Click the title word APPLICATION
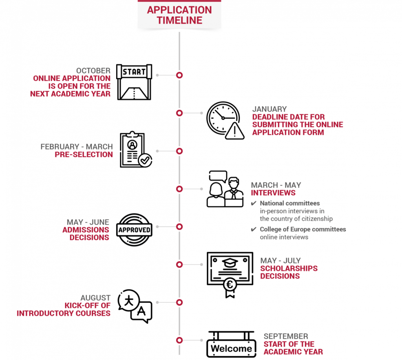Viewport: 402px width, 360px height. pyautogui.click(x=179, y=10)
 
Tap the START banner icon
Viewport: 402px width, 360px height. pyautogui.click(x=134, y=82)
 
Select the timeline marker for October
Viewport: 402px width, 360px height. pyautogui.click(x=179, y=75)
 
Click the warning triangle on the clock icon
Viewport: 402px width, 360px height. pyautogui.click(x=235, y=131)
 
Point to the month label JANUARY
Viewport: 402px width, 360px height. pyautogui.click(x=269, y=109)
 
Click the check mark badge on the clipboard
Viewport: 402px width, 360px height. pyautogui.click(x=145, y=160)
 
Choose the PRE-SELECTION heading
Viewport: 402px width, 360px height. pyautogui.click(x=84, y=155)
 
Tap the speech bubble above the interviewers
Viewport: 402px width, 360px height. pyautogui.click(x=218, y=176)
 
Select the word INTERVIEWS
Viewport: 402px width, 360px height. pyautogui.click(x=273, y=193)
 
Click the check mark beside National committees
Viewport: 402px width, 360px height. pyautogui.click(x=254, y=203)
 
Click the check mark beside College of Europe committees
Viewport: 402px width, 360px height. pyautogui.click(x=254, y=229)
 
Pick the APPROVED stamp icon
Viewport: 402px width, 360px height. pyautogui.click(x=134, y=230)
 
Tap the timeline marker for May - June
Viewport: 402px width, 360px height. pyautogui.click(x=179, y=227)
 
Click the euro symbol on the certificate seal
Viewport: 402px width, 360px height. pyautogui.click(x=230, y=284)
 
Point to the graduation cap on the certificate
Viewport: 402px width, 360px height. pyautogui.click(x=230, y=263)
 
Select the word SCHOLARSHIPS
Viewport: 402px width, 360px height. pyautogui.click(x=289, y=268)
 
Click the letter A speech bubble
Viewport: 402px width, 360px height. pyautogui.click(x=141, y=312)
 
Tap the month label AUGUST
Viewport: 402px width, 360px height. pyautogui.click(x=95, y=298)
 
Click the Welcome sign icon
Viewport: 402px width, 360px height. pyautogui.click(x=231, y=344)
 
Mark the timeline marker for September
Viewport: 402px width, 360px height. pyautogui.click(x=179, y=340)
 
